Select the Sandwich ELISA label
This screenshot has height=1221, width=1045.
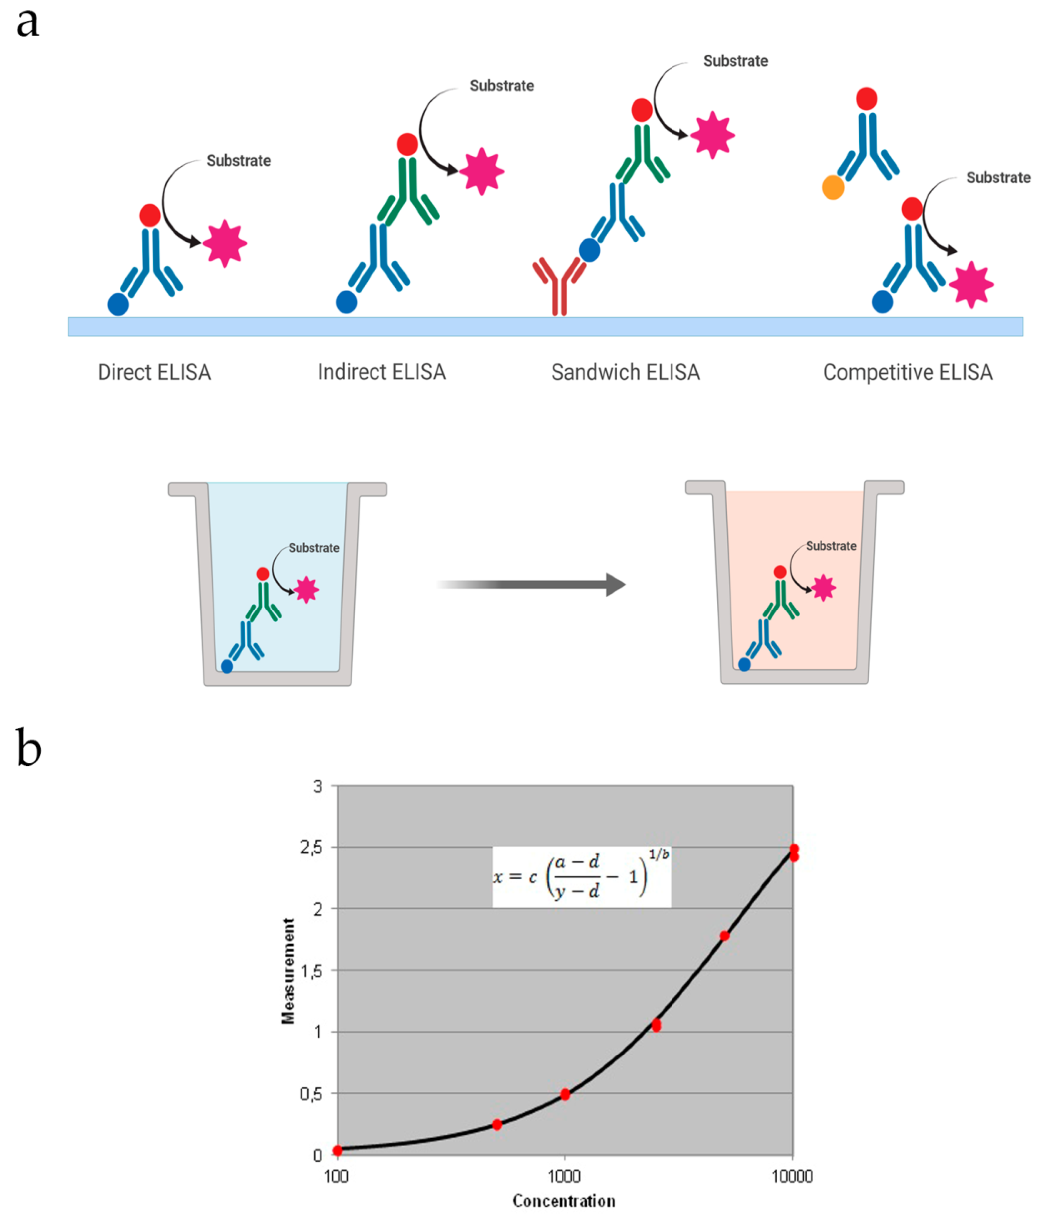pos(625,373)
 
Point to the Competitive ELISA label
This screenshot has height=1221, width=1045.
pos(908,373)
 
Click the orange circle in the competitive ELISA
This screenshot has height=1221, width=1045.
pos(833,188)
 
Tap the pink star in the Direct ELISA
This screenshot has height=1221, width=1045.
pos(224,243)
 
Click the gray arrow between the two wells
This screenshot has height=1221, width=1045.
pos(531,585)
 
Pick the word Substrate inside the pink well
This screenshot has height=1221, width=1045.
pos(831,546)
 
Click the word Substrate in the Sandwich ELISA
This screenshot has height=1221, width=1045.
pos(735,61)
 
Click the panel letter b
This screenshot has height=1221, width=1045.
pos(28,748)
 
